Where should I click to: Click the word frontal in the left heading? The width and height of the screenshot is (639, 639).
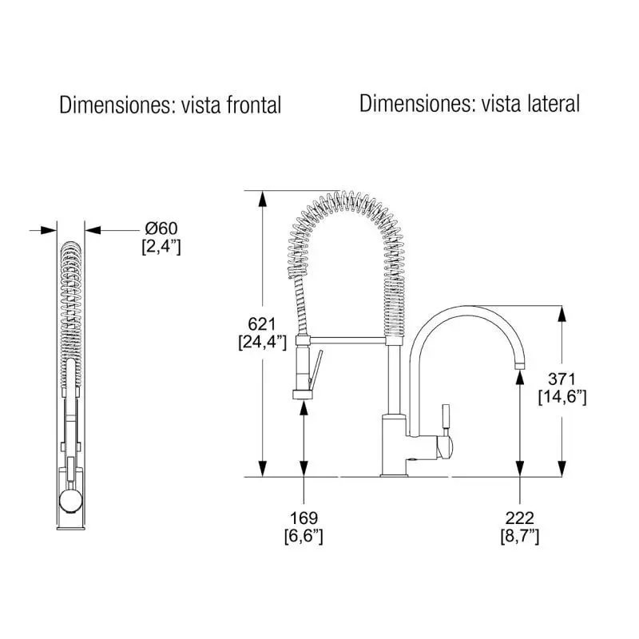[253, 105]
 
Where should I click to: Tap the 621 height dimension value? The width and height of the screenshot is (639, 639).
[262, 324]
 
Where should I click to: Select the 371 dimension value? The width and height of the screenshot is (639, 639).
[562, 379]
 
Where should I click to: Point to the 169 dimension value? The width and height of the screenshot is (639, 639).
[304, 518]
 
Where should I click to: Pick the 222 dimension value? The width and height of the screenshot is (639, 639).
[520, 518]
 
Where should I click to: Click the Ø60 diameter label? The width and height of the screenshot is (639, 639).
[161, 228]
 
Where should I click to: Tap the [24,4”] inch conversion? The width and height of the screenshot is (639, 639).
[263, 342]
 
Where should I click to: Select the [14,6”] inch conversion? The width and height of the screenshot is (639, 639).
[562, 397]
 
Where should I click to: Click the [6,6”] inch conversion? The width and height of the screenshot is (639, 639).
[304, 536]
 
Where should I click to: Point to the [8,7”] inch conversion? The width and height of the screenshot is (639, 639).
[520, 536]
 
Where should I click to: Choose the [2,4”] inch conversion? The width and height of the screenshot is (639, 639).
[161, 247]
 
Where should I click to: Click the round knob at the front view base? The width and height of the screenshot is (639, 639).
[70, 501]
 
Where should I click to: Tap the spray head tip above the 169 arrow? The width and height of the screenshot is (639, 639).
[303, 394]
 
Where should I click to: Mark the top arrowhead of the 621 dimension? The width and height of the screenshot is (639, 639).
[263, 199]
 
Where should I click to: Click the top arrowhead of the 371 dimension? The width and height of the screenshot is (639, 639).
[562, 314]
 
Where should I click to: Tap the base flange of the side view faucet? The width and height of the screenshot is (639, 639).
[394, 474]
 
